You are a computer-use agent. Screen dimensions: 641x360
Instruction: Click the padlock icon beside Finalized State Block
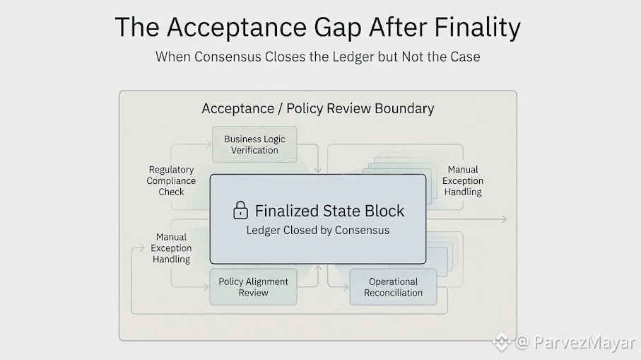tap(240, 210)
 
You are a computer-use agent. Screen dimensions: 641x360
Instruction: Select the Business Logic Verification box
tap(254, 144)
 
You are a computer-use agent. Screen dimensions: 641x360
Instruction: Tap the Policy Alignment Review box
tap(254, 286)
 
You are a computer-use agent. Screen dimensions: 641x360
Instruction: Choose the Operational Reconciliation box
tap(393, 286)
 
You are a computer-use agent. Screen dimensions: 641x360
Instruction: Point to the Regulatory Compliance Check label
tap(171, 180)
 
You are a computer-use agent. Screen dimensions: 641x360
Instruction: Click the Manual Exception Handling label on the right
tap(463, 180)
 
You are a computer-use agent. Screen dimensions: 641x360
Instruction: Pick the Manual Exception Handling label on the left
tap(171, 248)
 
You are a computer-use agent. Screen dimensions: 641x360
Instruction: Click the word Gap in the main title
tap(338, 28)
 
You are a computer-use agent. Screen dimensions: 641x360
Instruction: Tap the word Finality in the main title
tap(477, 28)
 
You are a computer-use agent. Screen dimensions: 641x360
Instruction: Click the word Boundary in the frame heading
tap(404, 108)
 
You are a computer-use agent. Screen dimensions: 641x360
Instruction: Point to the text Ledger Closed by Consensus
tap(317, 231)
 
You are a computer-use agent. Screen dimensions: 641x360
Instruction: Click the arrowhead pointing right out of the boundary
tap(504, 219)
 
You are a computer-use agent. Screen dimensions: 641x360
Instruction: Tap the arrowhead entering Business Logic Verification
tap(208, 144)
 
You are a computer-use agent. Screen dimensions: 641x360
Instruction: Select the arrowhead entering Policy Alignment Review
tap(206, 286)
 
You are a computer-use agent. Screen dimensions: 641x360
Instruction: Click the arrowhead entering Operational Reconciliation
tap(346, 286)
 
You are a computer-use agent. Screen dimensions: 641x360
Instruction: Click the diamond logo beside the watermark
tap(502, 342)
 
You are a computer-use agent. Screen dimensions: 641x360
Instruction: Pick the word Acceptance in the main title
tap(237, 28)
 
